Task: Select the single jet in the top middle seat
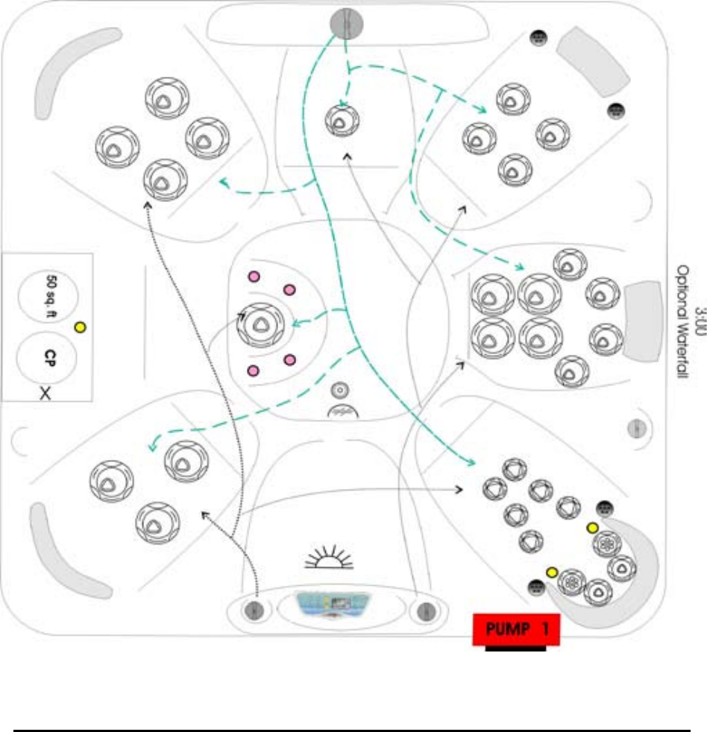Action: pos(343,119)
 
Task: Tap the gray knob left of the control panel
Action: pos(254,610)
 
